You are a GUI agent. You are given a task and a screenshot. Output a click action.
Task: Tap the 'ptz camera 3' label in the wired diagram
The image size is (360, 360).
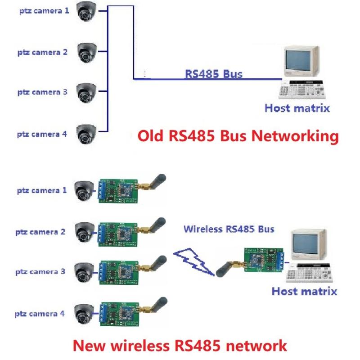point(42,92)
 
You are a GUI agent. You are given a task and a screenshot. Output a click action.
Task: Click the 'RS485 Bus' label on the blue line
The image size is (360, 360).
point(213,74)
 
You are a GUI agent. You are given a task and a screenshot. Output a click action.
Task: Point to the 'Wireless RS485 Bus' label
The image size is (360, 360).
point(229,229)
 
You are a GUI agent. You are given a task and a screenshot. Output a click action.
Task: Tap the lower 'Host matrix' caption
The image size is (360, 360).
point(304,292)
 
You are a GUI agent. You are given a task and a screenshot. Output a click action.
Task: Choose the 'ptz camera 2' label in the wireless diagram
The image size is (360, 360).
point(40,232)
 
